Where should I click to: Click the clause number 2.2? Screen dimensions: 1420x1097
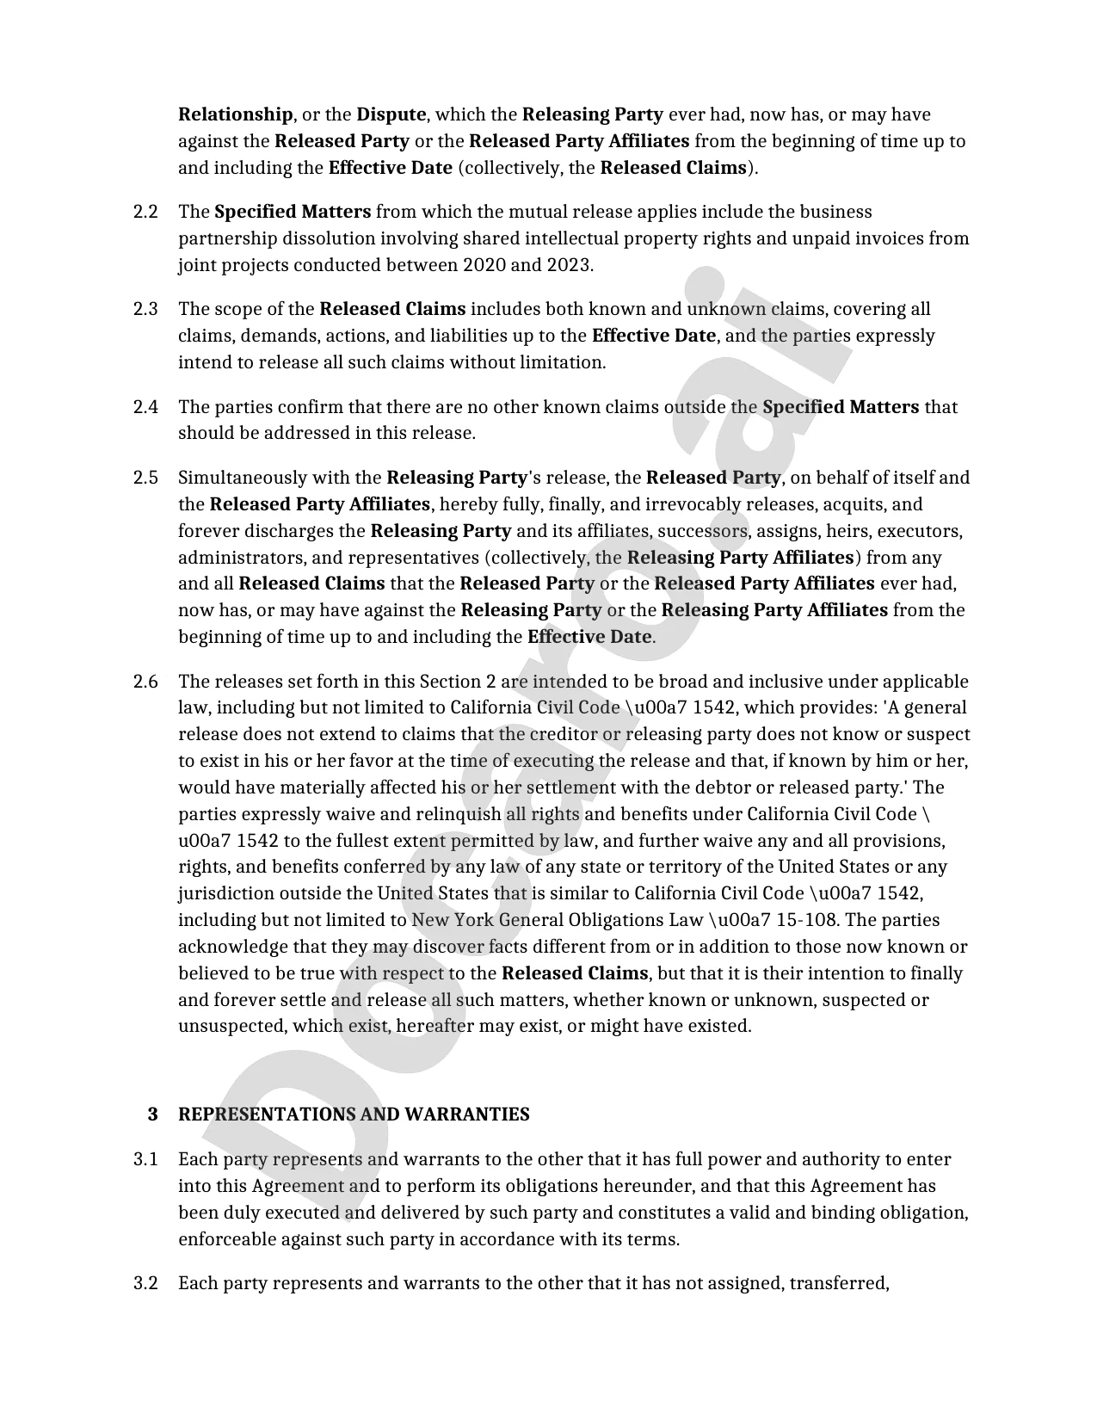coord(145,212)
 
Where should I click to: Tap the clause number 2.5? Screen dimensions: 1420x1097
coord(145,478)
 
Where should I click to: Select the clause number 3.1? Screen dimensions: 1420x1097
coord(145,1159)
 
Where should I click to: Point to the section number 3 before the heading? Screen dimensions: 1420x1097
coord(152,1114)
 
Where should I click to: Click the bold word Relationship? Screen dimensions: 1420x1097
coord(235,114)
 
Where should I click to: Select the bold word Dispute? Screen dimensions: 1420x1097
coord(391,114)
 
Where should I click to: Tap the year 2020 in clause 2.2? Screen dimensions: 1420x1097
coord(484,265)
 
